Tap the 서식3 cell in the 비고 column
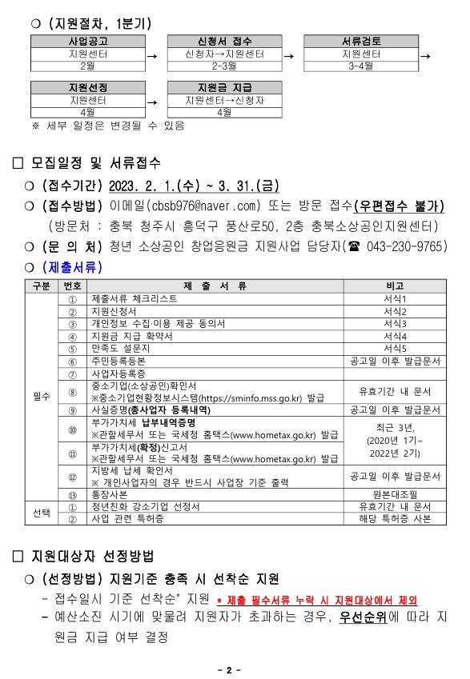(x=395, y=323)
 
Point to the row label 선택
(x=41, y=512)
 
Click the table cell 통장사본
(x=113, y=493)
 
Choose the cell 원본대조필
(x=395, y=493)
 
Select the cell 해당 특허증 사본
(x=395, y=518)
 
